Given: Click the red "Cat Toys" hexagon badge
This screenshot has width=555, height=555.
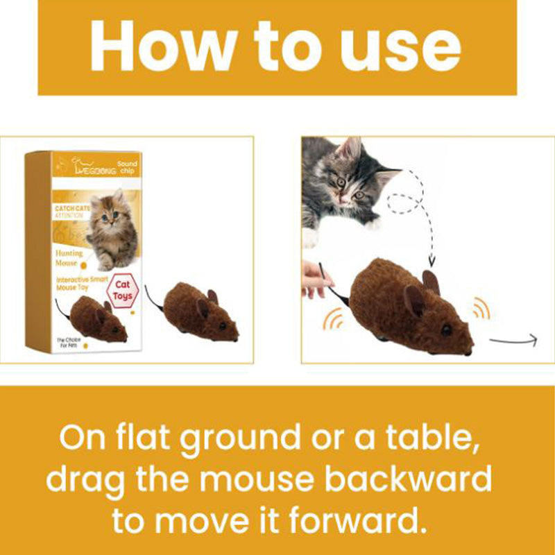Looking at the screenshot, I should tap(121, 291).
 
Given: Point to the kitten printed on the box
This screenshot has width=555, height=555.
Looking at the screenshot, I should tap(111, 229).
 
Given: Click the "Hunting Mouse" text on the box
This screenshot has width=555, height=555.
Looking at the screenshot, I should tap(69, 258).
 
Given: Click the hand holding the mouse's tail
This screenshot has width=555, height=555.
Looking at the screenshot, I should tap(316, 277).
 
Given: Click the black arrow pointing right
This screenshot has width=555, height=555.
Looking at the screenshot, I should tap(513, 339).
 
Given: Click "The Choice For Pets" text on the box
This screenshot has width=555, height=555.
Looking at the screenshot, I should tap(69, 341).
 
